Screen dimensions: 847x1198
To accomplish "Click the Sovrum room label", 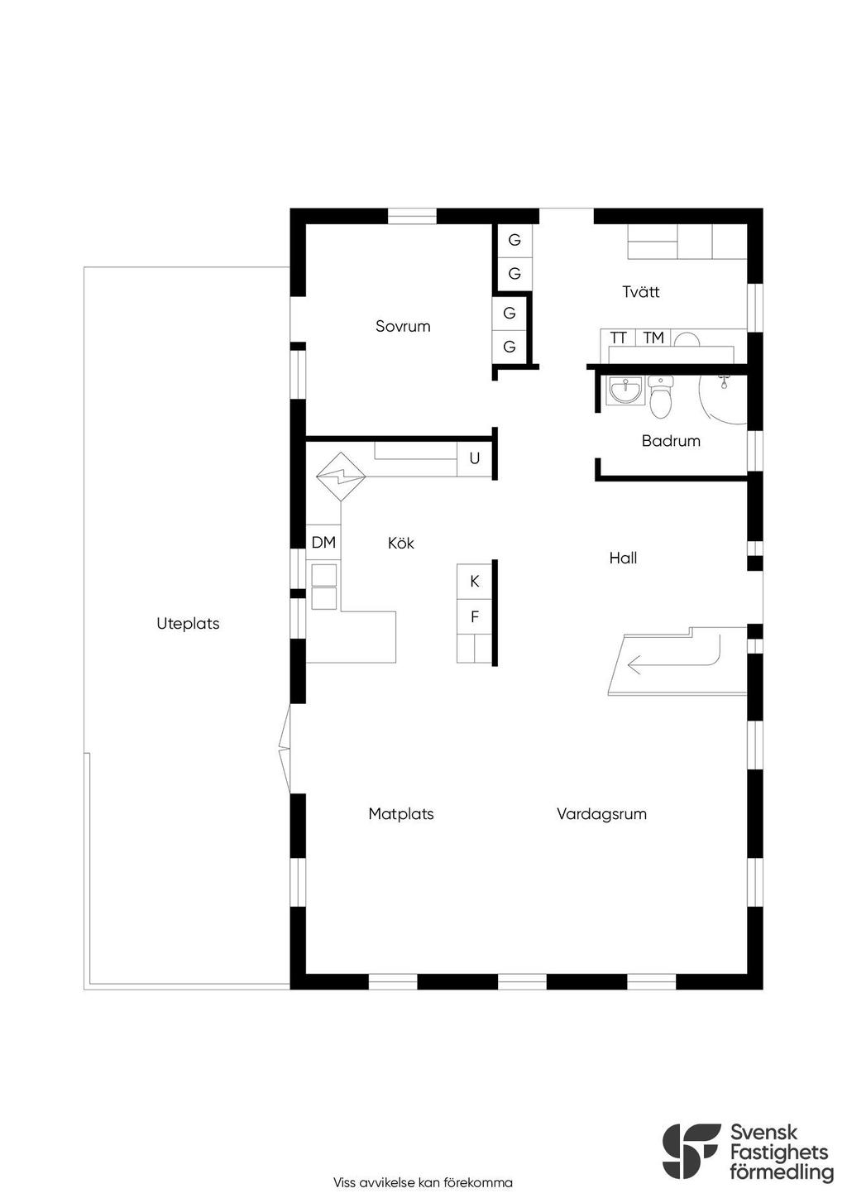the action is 403,326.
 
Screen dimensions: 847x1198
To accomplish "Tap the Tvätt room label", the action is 640,291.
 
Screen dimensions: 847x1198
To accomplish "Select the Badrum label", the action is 671,441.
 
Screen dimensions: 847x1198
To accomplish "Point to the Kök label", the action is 400,543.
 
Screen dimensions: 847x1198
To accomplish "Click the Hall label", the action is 623,558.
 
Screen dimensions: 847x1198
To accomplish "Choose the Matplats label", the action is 401,814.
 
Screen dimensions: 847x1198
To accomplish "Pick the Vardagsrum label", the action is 601,814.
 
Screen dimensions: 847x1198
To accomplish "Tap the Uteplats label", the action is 189,624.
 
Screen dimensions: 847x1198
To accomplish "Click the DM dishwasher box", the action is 323,542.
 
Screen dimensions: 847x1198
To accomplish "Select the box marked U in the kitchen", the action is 474,458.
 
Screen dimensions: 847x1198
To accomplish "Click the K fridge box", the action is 474,582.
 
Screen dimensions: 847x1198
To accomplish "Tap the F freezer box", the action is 474,616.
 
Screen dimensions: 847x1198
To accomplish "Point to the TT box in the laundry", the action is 618,338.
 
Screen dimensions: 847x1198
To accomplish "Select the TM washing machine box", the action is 653,338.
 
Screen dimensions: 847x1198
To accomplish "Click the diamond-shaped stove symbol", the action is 341,476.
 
